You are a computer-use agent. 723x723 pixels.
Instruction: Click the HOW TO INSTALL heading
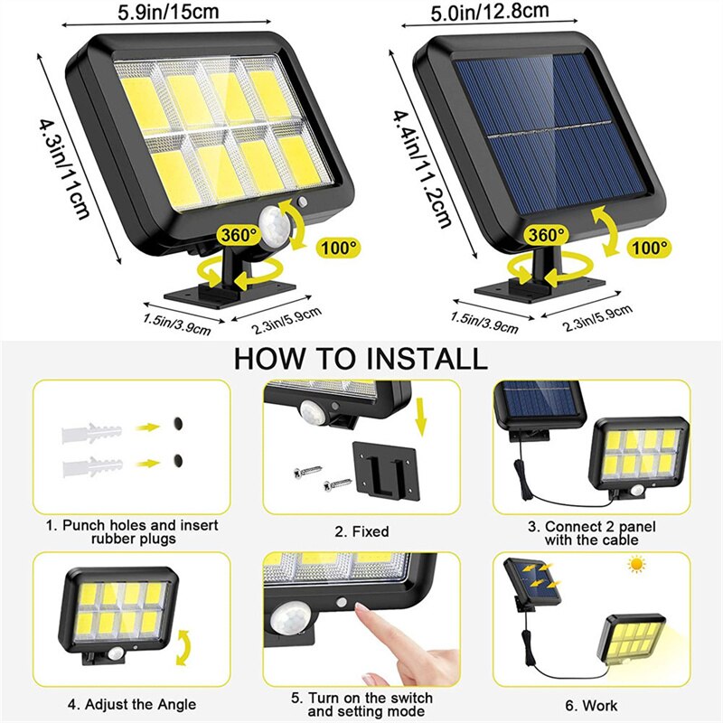click(360, 358)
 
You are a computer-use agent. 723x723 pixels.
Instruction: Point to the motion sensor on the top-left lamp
click(270, 224)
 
